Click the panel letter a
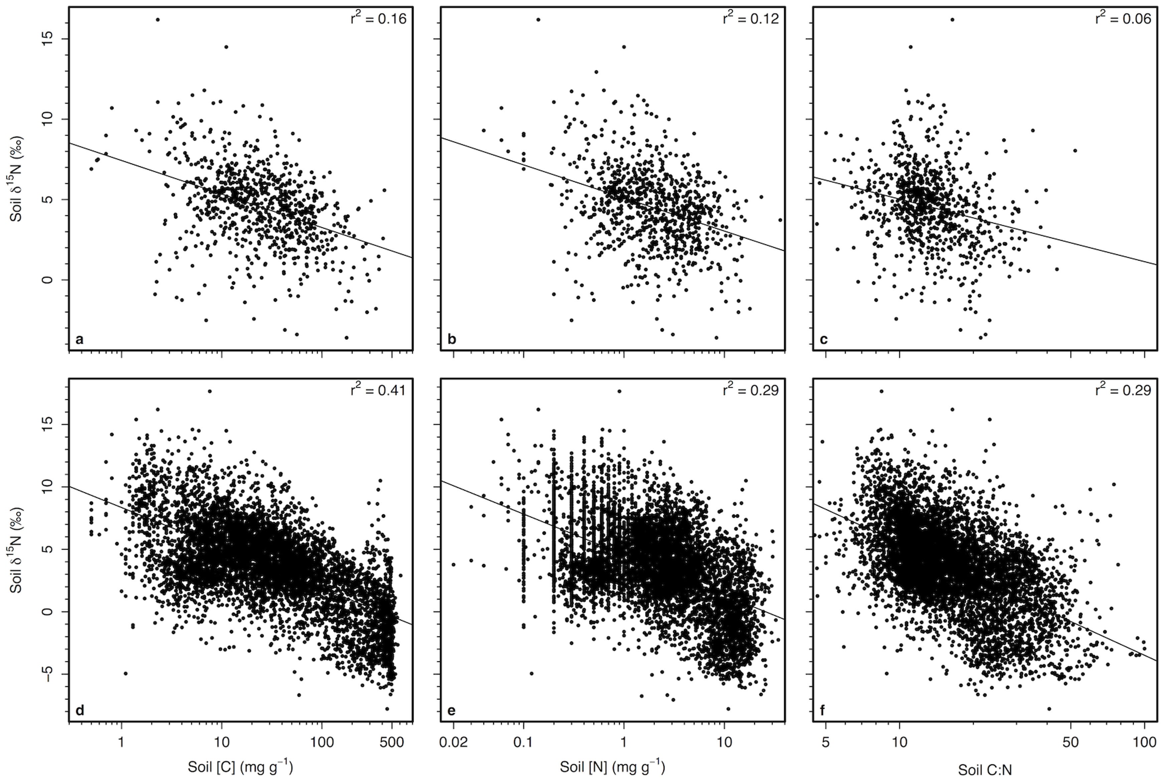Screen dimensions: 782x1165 click(79, 340)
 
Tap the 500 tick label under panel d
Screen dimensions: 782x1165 click(392, 743)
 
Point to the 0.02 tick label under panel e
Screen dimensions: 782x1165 click(454, 743)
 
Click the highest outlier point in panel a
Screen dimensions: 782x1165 click(158, 19)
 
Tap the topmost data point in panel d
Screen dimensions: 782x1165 click(209, 392)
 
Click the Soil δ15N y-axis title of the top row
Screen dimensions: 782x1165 click(17, 180)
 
